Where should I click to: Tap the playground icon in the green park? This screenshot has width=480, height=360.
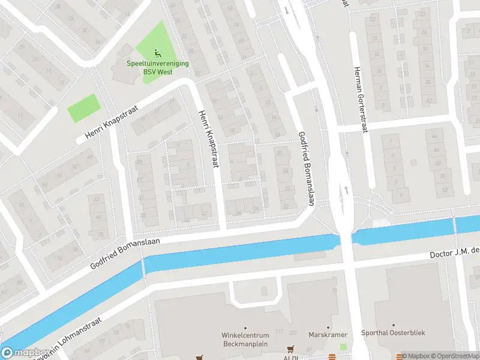(x=157, y=53)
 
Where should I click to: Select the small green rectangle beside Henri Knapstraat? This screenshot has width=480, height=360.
(x=82, y=107)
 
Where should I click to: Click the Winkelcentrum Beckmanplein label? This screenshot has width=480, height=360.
(x=244, y=340)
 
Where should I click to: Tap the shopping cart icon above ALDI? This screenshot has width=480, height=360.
(x=291, y=349)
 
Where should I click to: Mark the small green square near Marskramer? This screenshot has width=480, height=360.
(x=343, y=347)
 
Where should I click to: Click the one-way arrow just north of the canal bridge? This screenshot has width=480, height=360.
(x=347, y=190)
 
